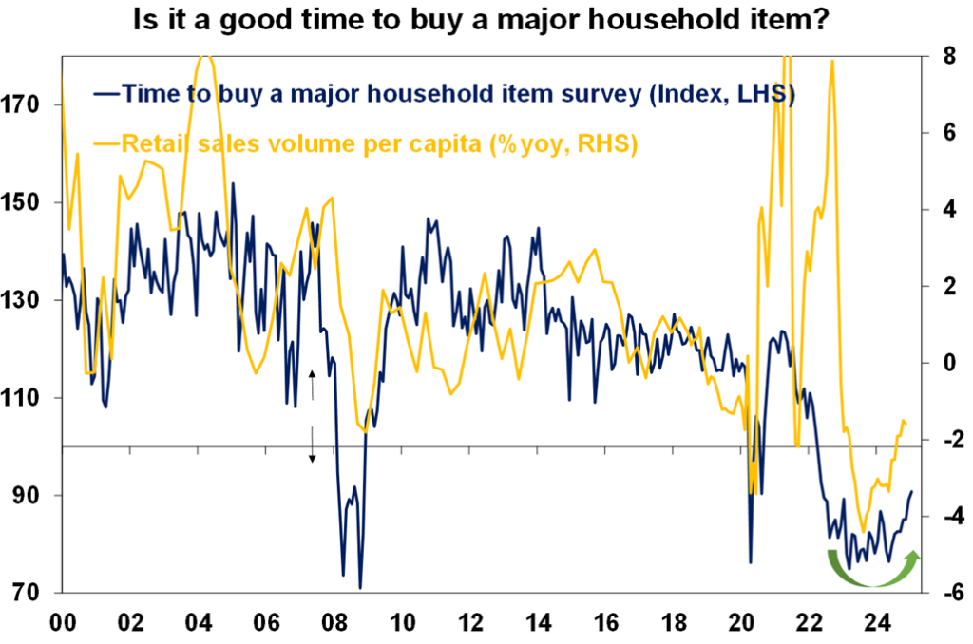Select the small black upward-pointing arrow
[x=311, y=385]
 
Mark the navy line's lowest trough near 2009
[x=360, y=587]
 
